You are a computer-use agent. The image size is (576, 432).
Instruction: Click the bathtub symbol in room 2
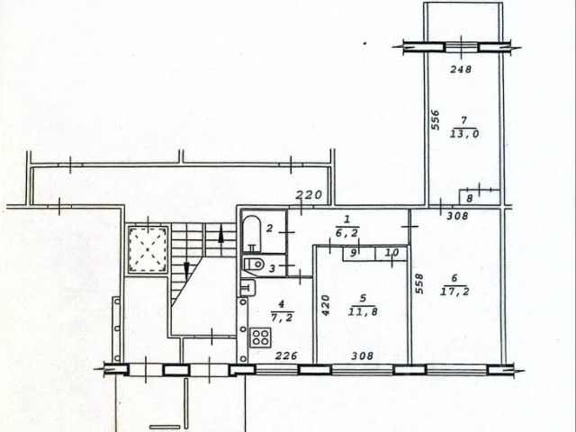tap(252, 234)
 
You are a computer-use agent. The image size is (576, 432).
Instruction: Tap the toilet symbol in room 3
tap(254, 264)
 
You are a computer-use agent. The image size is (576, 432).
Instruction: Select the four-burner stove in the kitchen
tap(261, 337)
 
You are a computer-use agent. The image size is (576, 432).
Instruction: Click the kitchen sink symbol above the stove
tap(248, 288)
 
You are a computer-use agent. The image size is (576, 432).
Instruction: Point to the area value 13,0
tap(464, 134)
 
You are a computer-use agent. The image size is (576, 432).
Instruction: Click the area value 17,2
tap(454, 292)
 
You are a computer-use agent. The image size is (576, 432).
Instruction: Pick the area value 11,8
tap(363, 312)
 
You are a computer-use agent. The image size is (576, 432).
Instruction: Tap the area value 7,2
tap(282, 318)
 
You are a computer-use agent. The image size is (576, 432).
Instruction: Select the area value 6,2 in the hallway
tap(347, 232)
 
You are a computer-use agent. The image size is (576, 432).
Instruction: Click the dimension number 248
tap(461, 69)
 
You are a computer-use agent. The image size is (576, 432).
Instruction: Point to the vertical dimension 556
tap(435, 120)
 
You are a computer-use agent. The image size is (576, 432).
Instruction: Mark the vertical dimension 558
tap(419, 284)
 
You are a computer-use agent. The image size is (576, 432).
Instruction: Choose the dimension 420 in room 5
tap(326, 306)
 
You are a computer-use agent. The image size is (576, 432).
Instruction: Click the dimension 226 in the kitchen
tap(286, 355)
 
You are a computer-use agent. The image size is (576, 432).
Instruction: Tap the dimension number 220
tap(309, 194)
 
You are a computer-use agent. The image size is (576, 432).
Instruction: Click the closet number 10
tap(392, 252)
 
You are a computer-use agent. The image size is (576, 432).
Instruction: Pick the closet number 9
tap(353, 253)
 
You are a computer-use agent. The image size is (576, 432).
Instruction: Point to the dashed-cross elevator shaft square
tap(148, 249)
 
